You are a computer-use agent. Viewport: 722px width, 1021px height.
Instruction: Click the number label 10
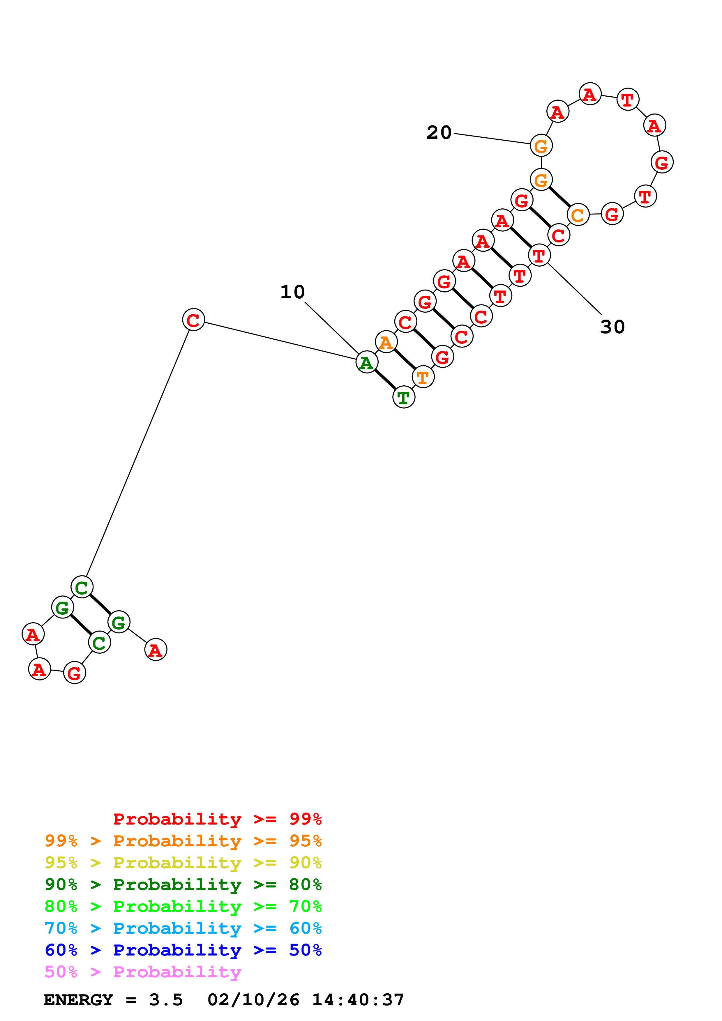(292, 292)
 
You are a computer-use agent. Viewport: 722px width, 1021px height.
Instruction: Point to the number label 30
(612, 327)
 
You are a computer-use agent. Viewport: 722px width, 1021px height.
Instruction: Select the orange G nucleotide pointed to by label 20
(541, 146)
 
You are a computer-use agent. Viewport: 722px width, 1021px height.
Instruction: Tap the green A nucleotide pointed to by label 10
(367, 362)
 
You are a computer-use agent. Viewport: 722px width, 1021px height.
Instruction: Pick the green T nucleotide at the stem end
(403, 397)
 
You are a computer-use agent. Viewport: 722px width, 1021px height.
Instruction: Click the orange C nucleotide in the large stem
(578, 215)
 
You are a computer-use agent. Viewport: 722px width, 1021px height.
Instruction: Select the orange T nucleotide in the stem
(423, 377)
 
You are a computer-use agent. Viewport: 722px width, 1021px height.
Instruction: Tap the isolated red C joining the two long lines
(193, 320)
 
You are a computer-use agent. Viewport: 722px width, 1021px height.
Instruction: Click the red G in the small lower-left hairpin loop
(74, 673)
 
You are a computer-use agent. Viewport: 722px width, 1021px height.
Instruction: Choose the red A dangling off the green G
(155, 650)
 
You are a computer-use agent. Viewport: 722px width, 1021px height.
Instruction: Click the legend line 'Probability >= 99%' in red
(217, 819)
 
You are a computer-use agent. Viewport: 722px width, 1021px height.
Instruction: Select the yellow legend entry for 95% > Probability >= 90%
(183, 862)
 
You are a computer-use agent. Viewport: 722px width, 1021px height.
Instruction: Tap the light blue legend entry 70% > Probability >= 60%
(183, 928)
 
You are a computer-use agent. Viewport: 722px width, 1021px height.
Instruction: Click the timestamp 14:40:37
(358, 1000)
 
